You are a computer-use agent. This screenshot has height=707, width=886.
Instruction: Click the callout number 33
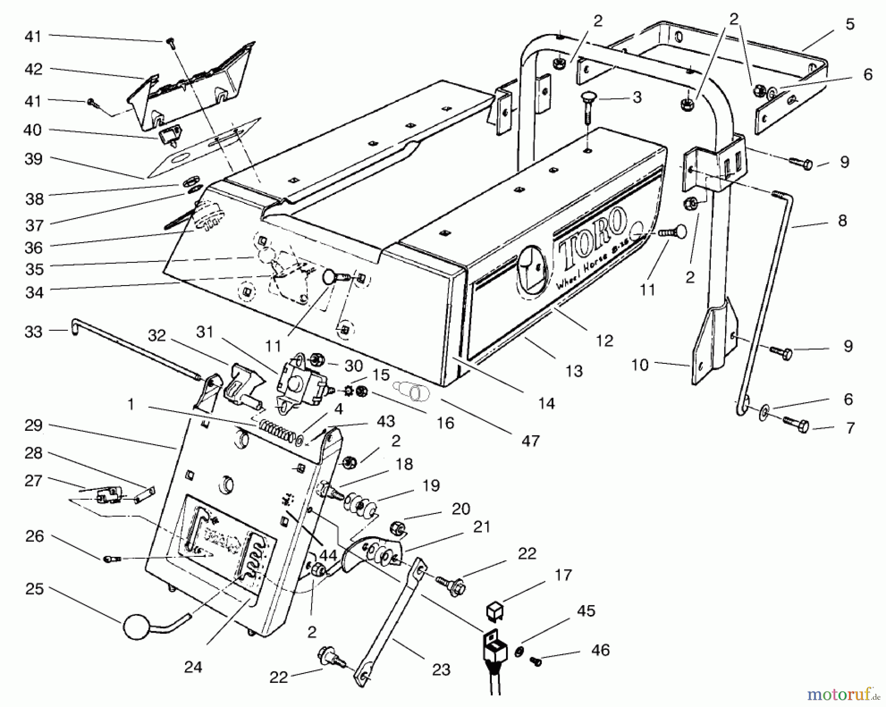click(x=33, y=332)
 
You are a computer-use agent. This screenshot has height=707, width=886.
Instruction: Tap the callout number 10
click(x=640, y=365)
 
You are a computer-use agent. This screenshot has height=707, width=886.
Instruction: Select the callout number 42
click(x=33, y=69)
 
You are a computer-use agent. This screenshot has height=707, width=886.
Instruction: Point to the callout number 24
click(x=193, y=667)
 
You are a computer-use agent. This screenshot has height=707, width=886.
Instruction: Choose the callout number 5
click(x=850, y=24)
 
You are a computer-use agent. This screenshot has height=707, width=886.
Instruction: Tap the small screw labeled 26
click(x=112, y=559)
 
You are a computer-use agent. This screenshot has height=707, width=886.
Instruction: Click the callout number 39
click(x=33, y=159)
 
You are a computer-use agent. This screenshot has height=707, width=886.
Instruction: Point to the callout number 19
click(x=431, y=485)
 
